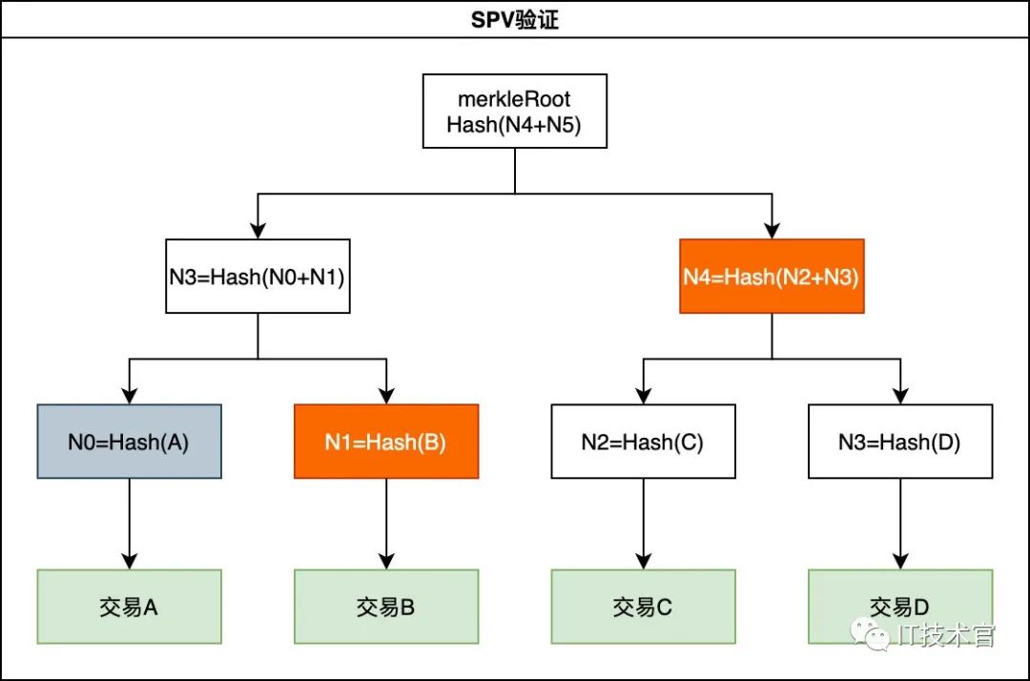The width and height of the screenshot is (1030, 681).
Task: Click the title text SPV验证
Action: pos(515,20)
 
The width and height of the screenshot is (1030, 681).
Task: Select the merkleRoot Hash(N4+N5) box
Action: pos(515,112)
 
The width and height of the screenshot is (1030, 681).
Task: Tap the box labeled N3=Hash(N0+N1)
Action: pos(257,277)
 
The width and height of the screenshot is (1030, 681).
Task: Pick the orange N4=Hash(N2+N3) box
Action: pos(772,277)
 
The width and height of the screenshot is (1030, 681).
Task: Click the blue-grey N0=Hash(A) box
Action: pos(129,442)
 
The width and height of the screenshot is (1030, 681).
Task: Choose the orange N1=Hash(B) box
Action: pos(386,442)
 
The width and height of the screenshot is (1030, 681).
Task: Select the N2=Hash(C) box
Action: pos(643,442)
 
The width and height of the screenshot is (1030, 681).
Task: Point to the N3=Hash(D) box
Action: pos(900,442)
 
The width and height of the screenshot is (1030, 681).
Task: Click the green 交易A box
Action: pos(129,607)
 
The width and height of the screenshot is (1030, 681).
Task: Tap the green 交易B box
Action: pos(386,607)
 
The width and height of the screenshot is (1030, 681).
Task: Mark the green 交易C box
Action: pos(643,607)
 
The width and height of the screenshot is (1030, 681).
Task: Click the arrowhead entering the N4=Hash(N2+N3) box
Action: pos(772,230)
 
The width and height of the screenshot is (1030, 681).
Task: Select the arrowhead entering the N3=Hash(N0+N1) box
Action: pos(257,230)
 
